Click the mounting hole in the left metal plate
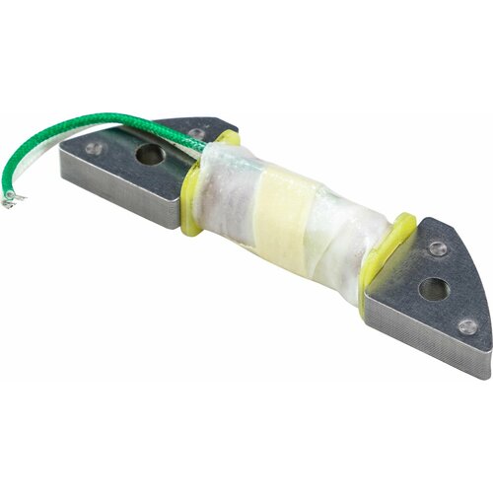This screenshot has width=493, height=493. (x=149, y=154)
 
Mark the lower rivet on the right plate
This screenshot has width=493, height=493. (x=468, y=326)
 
